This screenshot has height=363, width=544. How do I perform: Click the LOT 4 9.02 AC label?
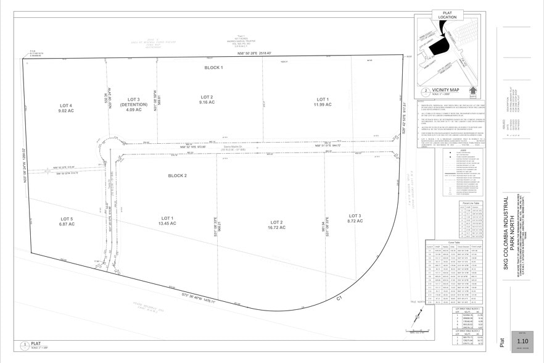click(x=66, y=109)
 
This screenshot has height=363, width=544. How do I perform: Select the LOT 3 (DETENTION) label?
click(x=134, y=105)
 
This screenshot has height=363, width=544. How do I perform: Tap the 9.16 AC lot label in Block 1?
click(x=207, y=101)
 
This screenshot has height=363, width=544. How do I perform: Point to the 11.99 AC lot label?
click(x=323, y=102)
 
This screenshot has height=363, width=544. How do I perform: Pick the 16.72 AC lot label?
click(x=276, y=225)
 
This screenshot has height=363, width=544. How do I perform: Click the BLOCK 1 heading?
click(x=213, y=67)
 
